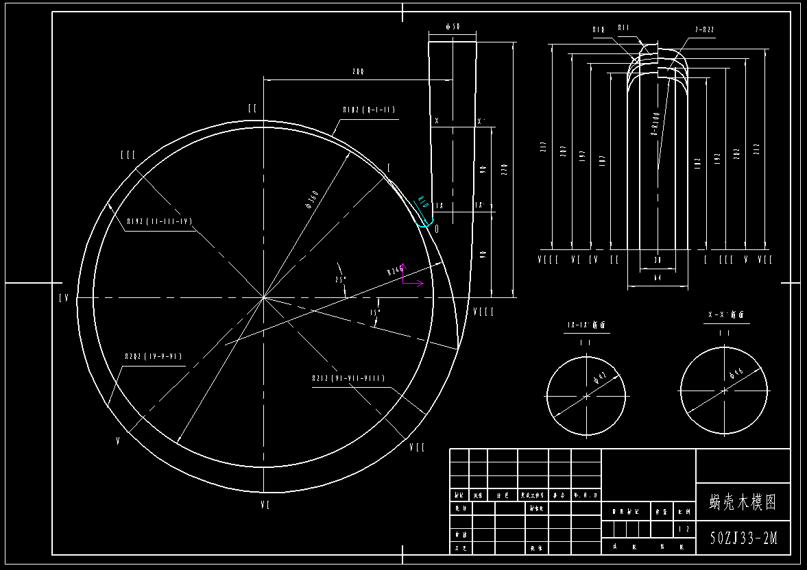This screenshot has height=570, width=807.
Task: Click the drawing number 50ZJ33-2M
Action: [743, 538]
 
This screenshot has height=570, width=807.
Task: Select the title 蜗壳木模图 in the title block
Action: [743, 502]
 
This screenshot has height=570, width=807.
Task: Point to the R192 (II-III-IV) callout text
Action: [159, 221]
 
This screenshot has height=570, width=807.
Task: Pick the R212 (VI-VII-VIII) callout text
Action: [348, 378]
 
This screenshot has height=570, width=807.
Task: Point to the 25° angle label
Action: [340, 280]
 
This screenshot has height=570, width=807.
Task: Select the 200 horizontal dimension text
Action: [357, 71]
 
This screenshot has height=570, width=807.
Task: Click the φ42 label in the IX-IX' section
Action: [600, 378]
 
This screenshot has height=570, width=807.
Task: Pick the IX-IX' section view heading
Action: [587, 325]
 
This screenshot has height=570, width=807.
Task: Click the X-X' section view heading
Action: [725, 316]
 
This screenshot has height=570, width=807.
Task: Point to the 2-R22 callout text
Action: [704, 29]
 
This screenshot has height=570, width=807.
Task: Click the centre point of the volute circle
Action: [264, 297]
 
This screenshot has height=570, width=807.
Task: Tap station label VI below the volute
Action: [265, 505]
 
